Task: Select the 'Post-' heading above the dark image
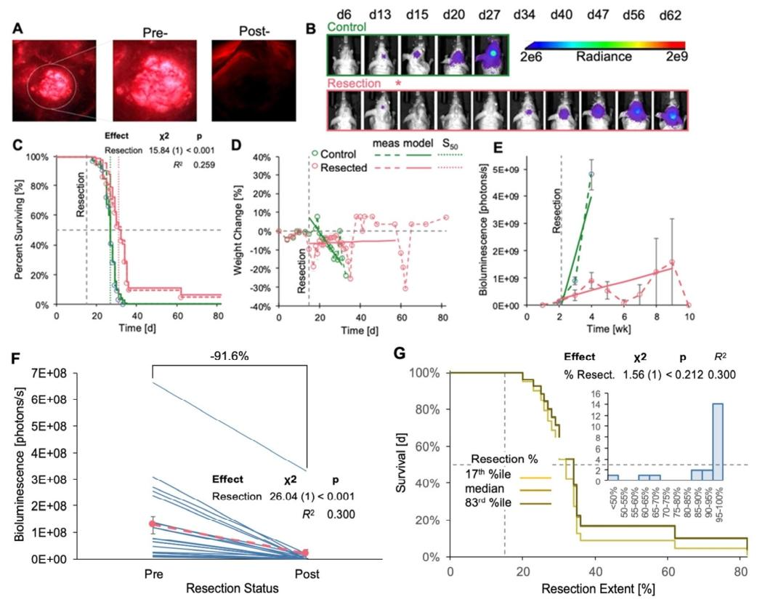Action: click(x=254, y=32)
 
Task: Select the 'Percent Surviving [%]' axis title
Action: click(x=19, y=229)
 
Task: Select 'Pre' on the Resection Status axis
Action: click(x=153, y=571)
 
